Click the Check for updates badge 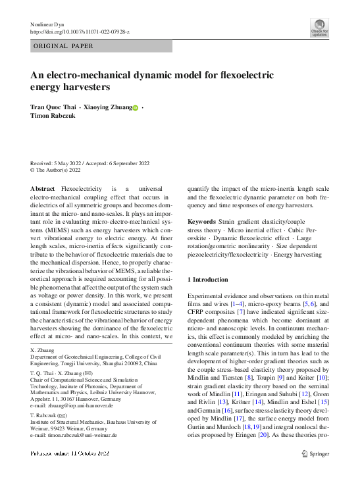pos(319,27)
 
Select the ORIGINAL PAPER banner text pos(63,46)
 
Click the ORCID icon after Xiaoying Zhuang pos(136,107)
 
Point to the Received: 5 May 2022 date pos(59,163)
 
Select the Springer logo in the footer pos(315,453)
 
